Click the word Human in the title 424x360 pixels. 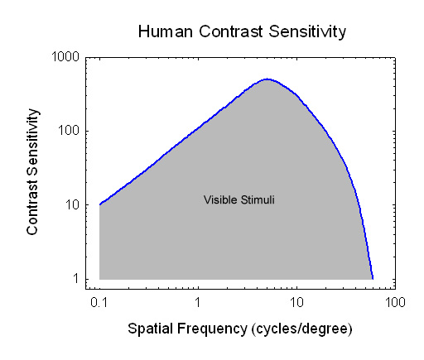click(166, 31)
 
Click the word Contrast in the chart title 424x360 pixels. click(230, 31)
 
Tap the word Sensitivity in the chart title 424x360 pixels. click(307, 31)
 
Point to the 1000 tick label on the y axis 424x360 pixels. click(65, 56)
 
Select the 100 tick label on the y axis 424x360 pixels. click(69, 131)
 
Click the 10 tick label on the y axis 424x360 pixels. click(72, 204)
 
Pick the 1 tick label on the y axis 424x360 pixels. click(76, 279)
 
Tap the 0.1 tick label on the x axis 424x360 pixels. click(99, 302)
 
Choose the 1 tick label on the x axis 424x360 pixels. click(197, 302)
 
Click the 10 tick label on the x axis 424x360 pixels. click(296, 302)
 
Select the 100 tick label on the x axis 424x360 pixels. click(395, 302)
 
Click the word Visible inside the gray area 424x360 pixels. click(220, 199)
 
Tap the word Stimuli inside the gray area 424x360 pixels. click(258, 199)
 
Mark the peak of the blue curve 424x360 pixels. click(267, 79)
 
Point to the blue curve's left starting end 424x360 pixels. click(99, 204)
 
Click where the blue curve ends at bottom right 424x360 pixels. click(373, 279)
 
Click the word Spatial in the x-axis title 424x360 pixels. click(151, 329)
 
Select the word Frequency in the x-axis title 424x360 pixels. click(212, 329)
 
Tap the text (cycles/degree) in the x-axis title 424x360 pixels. click(302, 329)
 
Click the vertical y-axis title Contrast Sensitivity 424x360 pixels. click(32, 171)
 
